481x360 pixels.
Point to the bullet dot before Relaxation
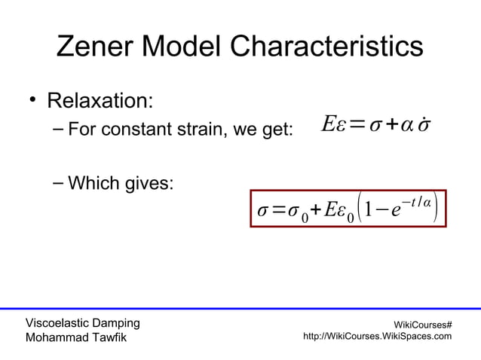(33, 102)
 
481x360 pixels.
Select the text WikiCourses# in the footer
(424, 324)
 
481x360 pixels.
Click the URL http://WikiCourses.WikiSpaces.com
(377, 337)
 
